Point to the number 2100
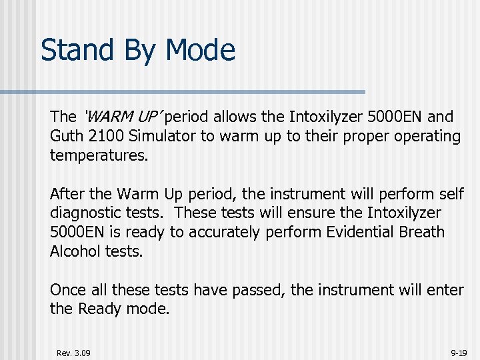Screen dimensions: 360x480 (x=108, y=137)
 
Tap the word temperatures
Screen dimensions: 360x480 (x=98, y=156)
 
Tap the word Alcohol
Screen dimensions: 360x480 (x=74, y=251)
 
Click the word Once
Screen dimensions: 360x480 (x=68, y=290)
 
